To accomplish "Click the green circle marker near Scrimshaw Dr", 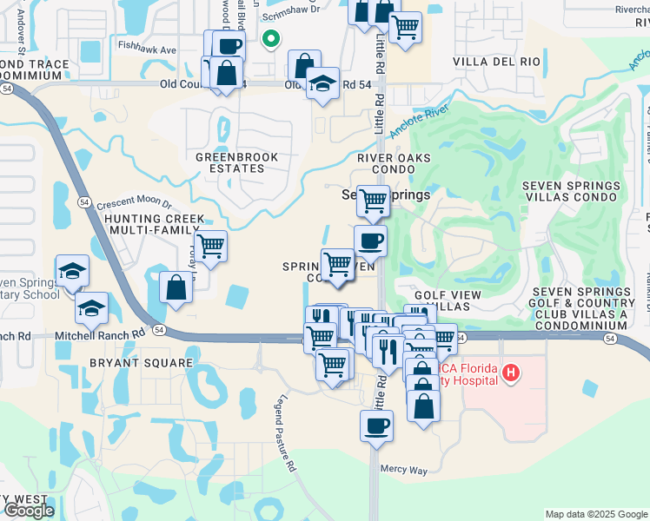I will coord(271,39).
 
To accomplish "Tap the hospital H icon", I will coord(511,373).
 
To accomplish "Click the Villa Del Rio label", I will coord(497,62).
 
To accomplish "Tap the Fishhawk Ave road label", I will coord(147,50).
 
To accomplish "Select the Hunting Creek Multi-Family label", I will coord(155,226).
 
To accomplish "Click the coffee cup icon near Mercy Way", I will coord(376,426).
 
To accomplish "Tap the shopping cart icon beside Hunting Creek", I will coord(210,247).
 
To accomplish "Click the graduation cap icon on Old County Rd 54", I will coord(322,84).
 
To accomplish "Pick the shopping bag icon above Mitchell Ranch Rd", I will coord(176,287).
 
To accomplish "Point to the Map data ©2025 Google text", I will coord(595,514).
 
